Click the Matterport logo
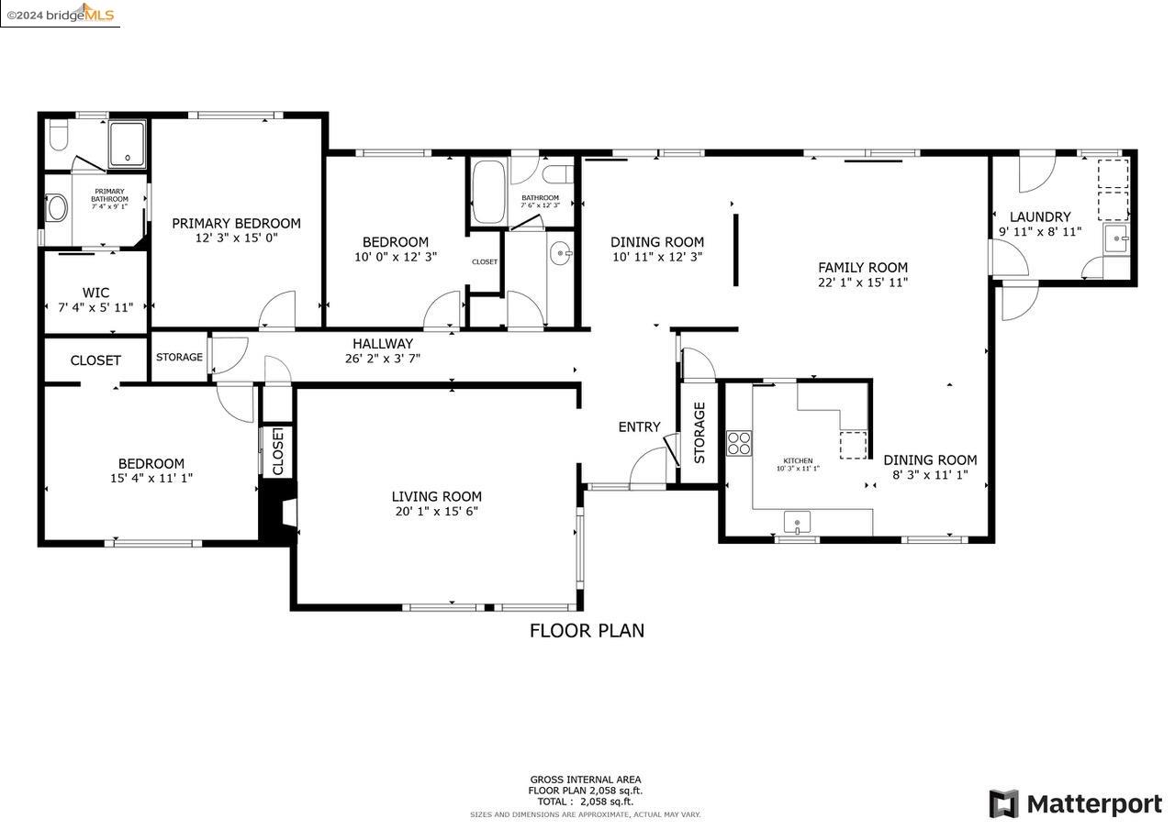point(1075,804)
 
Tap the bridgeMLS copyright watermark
point(60,14)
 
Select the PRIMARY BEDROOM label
point(236,223)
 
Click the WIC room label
point(95,293)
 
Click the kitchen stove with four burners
point(739,443)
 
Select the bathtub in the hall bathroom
point(488,192)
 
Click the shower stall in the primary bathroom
point(127,144)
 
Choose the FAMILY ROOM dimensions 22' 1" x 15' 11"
point(863,282)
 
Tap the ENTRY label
point(639,426)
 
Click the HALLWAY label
point(383,344)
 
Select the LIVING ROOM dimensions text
point(437,512)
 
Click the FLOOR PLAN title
point(587,630)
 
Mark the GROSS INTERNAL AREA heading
point(585,780)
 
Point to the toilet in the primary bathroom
point(58,138)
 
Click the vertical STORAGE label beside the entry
point(699,432)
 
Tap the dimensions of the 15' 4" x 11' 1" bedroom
point(151,478)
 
